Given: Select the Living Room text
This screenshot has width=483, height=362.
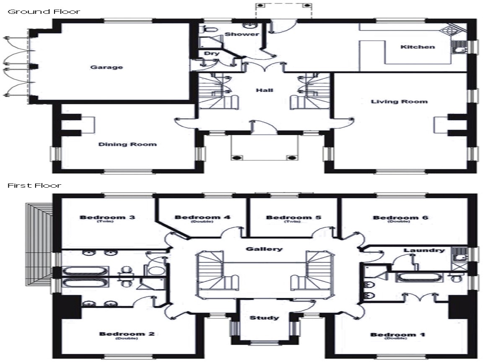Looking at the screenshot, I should click(399, 101).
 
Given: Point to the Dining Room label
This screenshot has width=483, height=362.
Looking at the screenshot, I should click(127, 144).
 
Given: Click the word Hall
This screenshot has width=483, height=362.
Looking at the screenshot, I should click(265, 90).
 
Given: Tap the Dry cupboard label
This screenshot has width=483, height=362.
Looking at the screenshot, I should click(209, 54).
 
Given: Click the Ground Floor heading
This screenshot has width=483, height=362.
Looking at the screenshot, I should click(44, 11).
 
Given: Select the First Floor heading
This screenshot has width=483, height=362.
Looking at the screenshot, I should click(34, 185).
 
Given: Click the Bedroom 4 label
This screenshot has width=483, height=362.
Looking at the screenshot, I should click(203, 217).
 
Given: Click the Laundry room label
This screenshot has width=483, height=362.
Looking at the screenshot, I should click(424, 250).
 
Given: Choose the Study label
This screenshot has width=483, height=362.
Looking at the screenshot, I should click(264, 318).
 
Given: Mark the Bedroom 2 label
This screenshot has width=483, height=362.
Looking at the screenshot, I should click(127, 334).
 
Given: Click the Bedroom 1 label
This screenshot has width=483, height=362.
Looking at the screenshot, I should click(398, 335).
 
